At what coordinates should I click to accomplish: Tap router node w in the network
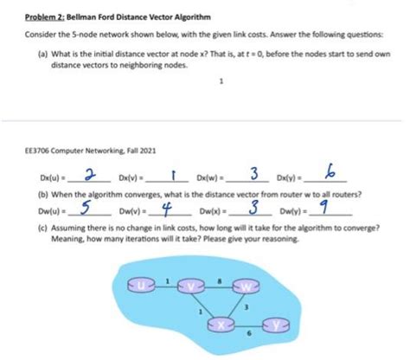tap(250, 285)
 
